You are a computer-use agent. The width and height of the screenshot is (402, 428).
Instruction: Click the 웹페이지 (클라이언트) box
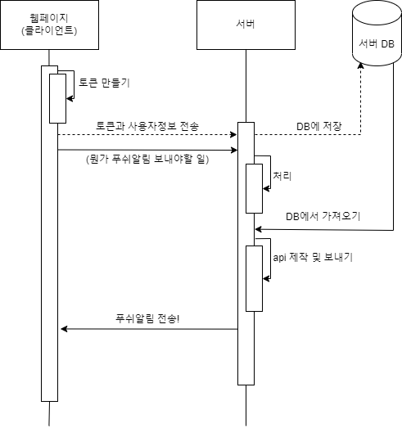(49, 25)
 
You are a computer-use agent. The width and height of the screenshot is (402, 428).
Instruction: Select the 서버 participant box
(246, 25)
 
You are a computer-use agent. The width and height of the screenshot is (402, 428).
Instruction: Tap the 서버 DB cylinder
(377, 33)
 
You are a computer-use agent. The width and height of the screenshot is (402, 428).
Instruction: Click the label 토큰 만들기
(104, 83)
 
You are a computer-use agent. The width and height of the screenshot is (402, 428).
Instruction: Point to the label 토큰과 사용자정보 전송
(147, 126)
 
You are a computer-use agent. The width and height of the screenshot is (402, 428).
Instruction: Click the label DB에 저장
(319, 126)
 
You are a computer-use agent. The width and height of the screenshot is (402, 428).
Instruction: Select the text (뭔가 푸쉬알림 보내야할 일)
(147, 159)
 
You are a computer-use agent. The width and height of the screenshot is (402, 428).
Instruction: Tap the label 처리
(282, 176)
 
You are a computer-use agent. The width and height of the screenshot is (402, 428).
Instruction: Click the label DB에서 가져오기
(323, 217)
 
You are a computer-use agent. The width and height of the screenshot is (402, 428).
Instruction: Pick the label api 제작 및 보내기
(313, 257)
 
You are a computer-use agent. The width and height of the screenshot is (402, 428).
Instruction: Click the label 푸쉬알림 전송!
(147, 318)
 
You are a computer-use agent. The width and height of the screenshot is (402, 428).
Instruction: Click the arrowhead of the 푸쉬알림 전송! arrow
(64, 329)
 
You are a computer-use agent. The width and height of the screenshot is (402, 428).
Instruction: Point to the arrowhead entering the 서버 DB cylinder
(361, 65)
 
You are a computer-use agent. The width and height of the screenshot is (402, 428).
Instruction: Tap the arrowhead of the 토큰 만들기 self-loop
(70, 98)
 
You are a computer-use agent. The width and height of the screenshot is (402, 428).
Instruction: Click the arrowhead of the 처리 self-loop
(266, 188)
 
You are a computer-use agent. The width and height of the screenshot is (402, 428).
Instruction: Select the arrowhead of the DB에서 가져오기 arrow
(258, 230)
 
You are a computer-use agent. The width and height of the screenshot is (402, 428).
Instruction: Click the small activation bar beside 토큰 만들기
(57, 98)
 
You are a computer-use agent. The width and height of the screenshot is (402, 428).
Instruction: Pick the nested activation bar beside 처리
(255, 188)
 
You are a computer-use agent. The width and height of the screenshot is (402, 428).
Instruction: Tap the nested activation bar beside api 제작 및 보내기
(255, 279)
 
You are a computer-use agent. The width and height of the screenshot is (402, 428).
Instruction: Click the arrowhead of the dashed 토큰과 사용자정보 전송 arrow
(234, 134)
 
